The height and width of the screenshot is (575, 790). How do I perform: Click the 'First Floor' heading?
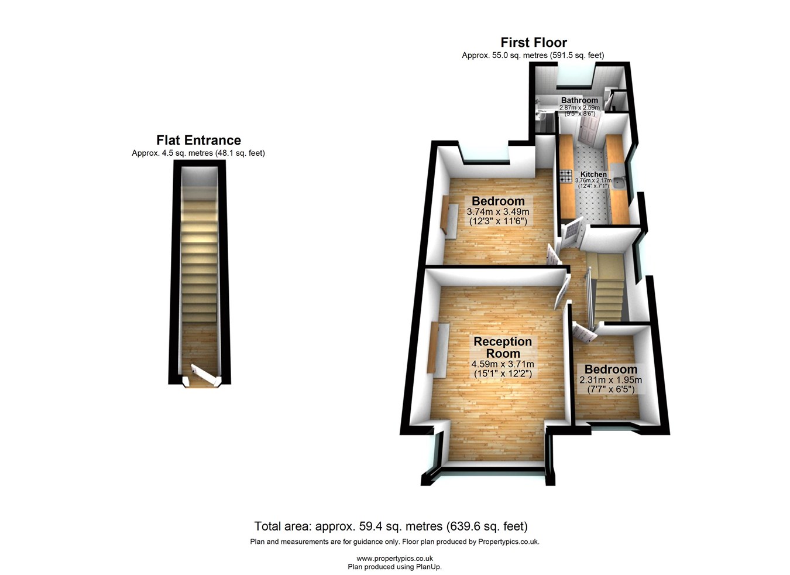533,42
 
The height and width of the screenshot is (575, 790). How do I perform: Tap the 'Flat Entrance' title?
198,141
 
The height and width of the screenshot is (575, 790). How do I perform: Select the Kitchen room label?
593,174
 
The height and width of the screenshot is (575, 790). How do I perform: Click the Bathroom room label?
579,100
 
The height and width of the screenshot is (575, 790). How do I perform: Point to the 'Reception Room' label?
503,347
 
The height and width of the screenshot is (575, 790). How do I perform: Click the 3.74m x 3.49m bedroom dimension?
498,212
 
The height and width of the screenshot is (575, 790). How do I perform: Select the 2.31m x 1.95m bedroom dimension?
610,380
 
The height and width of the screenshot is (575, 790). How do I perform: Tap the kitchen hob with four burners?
565,175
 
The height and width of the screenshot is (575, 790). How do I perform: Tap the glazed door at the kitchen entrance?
571,234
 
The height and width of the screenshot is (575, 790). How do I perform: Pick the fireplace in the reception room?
438,348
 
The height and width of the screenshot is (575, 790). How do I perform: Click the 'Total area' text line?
391,526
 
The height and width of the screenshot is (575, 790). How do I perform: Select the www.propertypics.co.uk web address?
394,559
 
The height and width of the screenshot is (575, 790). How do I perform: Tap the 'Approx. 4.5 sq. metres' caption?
198,153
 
